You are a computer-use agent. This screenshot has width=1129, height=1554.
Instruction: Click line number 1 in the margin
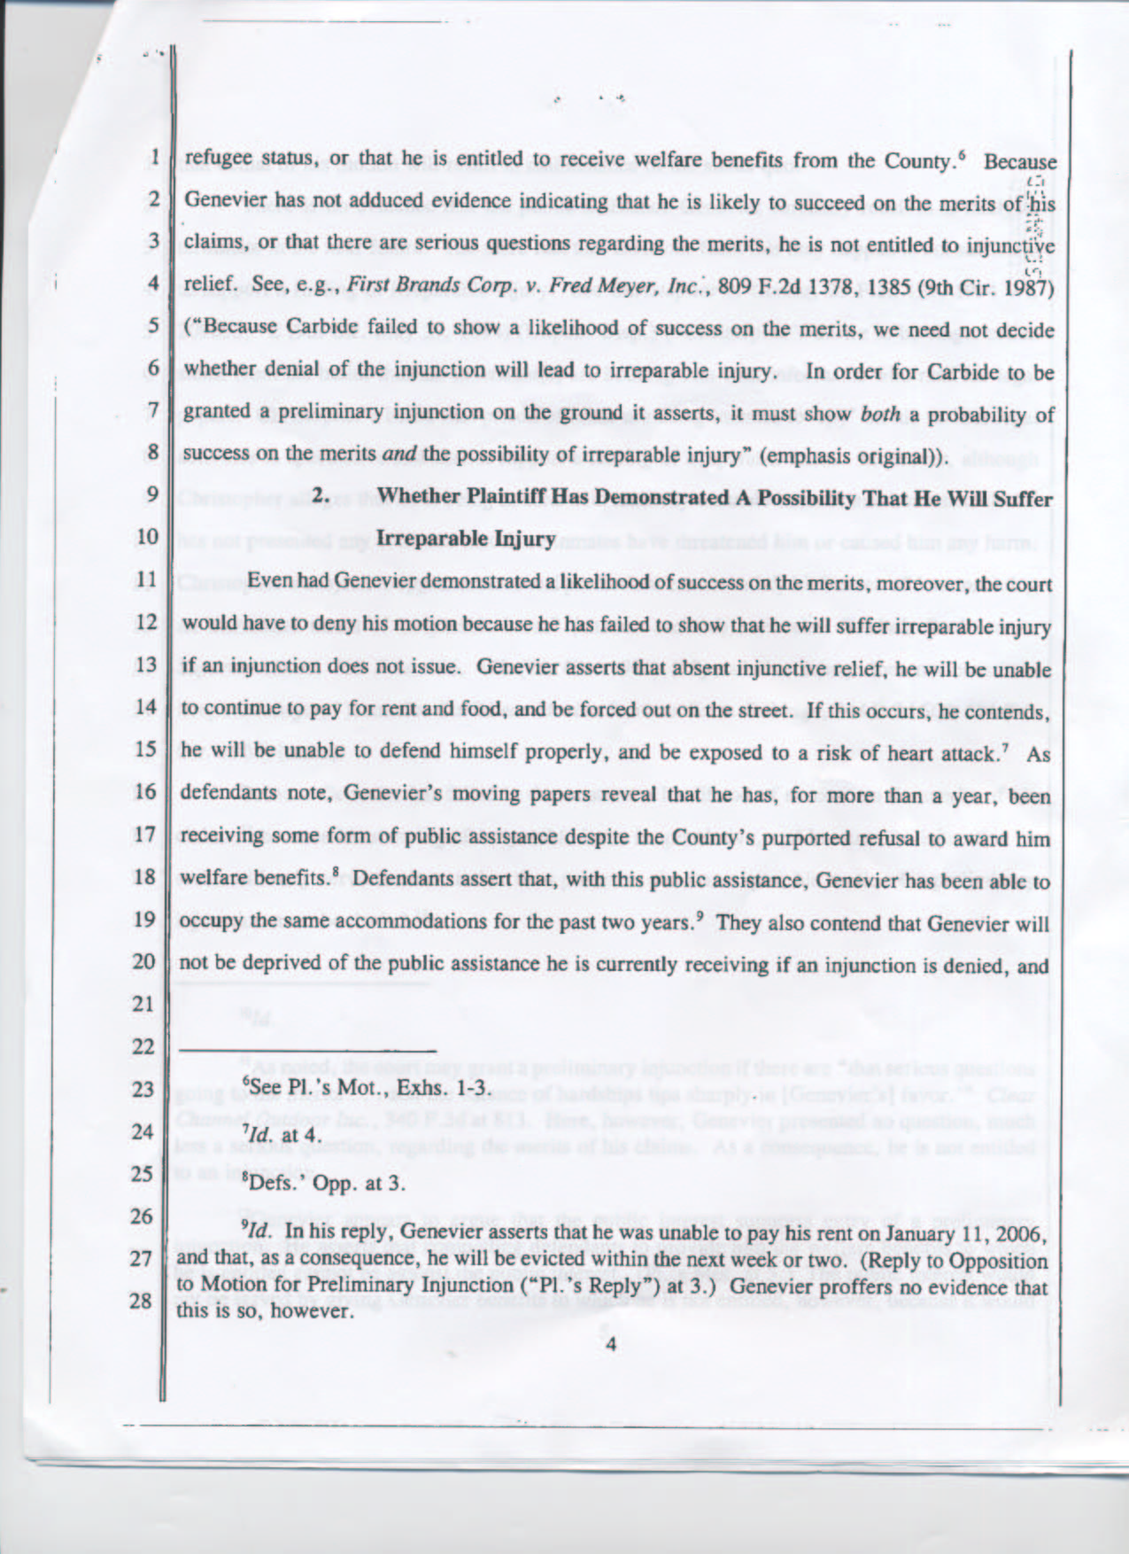point(153,159)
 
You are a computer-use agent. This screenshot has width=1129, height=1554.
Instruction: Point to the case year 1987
point(1028,286)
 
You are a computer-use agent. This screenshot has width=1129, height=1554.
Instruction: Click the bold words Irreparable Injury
point(466,538)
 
